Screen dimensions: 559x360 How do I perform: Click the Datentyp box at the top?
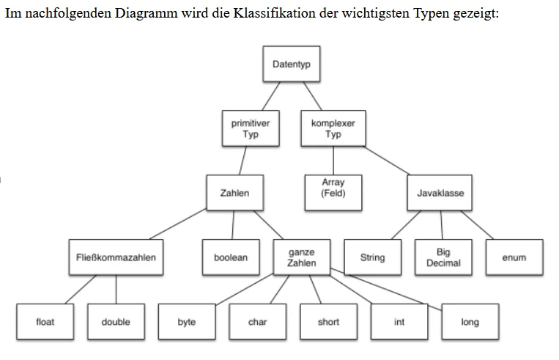point(292,64)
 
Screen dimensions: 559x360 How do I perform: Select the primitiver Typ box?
point(251,128)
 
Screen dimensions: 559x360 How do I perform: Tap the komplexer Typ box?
point(333,128)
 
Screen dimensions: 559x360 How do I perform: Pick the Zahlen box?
point(234,193)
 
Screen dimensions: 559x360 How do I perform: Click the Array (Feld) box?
point(333,193)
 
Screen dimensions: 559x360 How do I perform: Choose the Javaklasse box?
point(440,193)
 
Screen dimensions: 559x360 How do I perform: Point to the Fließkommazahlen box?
point(116,257)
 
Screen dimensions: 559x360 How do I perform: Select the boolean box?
point(231,257)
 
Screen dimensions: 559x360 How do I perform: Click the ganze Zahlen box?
point(302,257)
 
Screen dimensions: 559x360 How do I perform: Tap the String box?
point(373,257)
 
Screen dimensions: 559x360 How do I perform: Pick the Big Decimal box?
point(443,257)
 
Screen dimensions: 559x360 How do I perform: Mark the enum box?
point(514,257)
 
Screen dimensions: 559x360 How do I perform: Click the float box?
point(45,321)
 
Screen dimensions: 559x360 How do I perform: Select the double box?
point(116,321)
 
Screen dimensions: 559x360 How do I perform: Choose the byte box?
point(187,321)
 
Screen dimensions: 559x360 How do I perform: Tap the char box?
point(258,321)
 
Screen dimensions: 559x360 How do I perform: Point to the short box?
point(328,321)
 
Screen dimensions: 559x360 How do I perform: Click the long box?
point(470,321)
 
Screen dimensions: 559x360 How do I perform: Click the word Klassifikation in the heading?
point(275,13)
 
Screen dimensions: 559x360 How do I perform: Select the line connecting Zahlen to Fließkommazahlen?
point(178,224)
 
